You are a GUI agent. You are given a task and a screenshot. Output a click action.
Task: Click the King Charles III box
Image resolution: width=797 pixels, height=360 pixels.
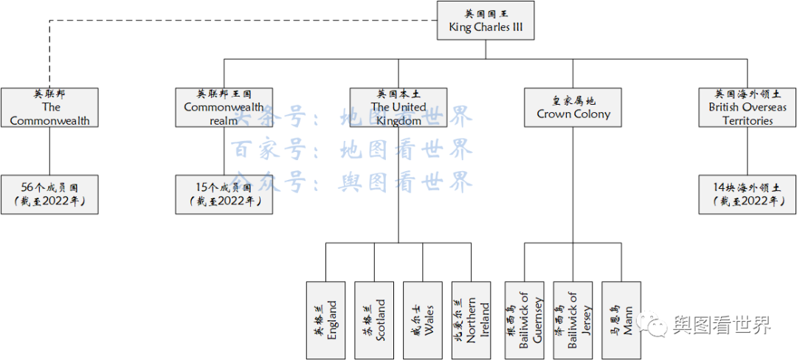pyautogui.click(x=486, y=20)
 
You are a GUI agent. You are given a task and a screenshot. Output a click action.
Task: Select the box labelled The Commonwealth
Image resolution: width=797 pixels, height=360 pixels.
pyautogui.click(x=49, y=108)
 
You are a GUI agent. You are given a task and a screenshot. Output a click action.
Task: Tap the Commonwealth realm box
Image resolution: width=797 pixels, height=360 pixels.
pyautogui.click(x=224, y=108)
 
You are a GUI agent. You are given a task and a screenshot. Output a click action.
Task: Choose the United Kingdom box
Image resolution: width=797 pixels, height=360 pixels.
pyautogui.click(x=398, y=108)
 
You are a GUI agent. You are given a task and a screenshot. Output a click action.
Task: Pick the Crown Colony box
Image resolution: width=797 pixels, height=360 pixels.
pyautogui.click(x=573, y=108)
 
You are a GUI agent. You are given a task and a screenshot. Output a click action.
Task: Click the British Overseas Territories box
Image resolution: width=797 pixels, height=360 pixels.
pyautogui.click(x=748, y=108)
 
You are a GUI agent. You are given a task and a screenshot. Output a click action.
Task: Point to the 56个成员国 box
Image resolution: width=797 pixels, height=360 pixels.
pyautogui.click(x=49, y=195)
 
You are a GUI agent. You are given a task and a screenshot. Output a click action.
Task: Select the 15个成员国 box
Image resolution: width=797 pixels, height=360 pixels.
pyautogui.click(x=224, y=195)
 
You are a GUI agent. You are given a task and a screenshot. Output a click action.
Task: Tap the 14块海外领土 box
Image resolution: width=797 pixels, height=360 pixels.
pyautogui.click(x=748, y=195)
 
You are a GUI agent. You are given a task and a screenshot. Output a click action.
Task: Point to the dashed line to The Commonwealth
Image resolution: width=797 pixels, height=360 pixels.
pyautogui.click(x=221, y=20)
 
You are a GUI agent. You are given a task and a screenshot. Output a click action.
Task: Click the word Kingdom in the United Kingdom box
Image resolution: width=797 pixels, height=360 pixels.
pyautogui.click(x=398, y=121)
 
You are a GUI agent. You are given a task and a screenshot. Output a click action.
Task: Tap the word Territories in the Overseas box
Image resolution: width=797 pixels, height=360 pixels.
pyautogui.click(x=748, y=121)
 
